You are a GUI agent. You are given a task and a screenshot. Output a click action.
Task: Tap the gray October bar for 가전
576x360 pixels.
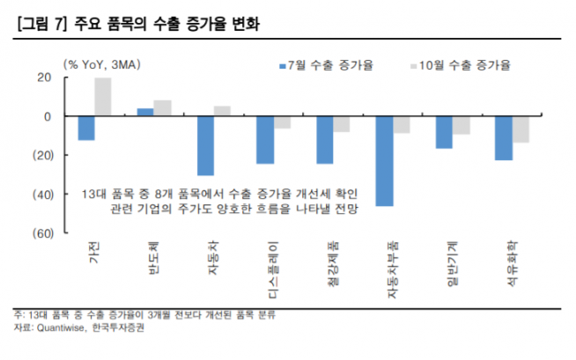(103, 97)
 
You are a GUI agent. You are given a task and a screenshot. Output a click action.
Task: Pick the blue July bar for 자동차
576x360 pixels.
(205, 145)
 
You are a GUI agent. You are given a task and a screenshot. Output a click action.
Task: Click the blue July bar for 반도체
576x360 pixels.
(145, 112)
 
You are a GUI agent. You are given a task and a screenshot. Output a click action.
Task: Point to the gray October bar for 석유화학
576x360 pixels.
(520, 129)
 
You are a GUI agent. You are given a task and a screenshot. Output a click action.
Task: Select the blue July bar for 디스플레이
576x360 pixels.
(265, 140)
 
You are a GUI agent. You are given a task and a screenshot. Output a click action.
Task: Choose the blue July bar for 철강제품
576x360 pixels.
(325, 140)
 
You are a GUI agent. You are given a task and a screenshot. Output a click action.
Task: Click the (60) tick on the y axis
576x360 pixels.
(42, 232)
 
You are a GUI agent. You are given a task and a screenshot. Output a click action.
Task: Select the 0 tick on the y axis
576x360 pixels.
(49, 116)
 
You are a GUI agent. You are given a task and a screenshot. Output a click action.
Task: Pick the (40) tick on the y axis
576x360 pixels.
(42, 194)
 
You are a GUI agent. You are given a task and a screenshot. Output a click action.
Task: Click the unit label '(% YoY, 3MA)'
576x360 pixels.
(103, 65)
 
